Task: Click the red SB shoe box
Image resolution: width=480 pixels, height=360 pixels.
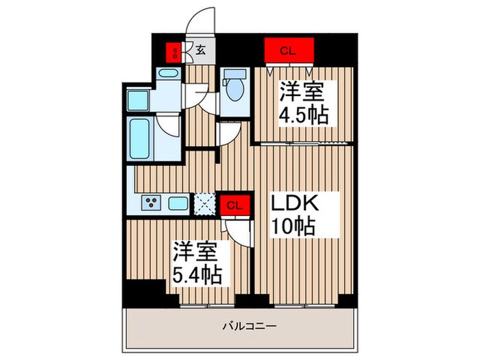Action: coord(176,51)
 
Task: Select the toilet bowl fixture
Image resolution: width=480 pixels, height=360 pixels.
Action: coord(235,87)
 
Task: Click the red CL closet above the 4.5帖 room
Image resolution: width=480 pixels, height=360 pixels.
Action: coord(289,49)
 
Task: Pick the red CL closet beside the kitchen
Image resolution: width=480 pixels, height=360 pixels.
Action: coord(235,204)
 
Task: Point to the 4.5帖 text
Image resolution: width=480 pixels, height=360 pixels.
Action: coord(303,114)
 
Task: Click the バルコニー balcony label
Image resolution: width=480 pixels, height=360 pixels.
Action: coord(240,326)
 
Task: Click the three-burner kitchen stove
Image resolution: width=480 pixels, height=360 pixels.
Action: coord(152,203)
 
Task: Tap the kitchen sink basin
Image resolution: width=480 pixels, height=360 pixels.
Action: coord(178,203)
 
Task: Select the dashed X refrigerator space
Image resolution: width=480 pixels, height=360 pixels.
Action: coord(204,203)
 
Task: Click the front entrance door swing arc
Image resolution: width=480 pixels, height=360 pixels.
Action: coord(201,21)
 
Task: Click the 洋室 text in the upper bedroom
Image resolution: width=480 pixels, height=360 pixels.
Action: coord(302,91)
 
